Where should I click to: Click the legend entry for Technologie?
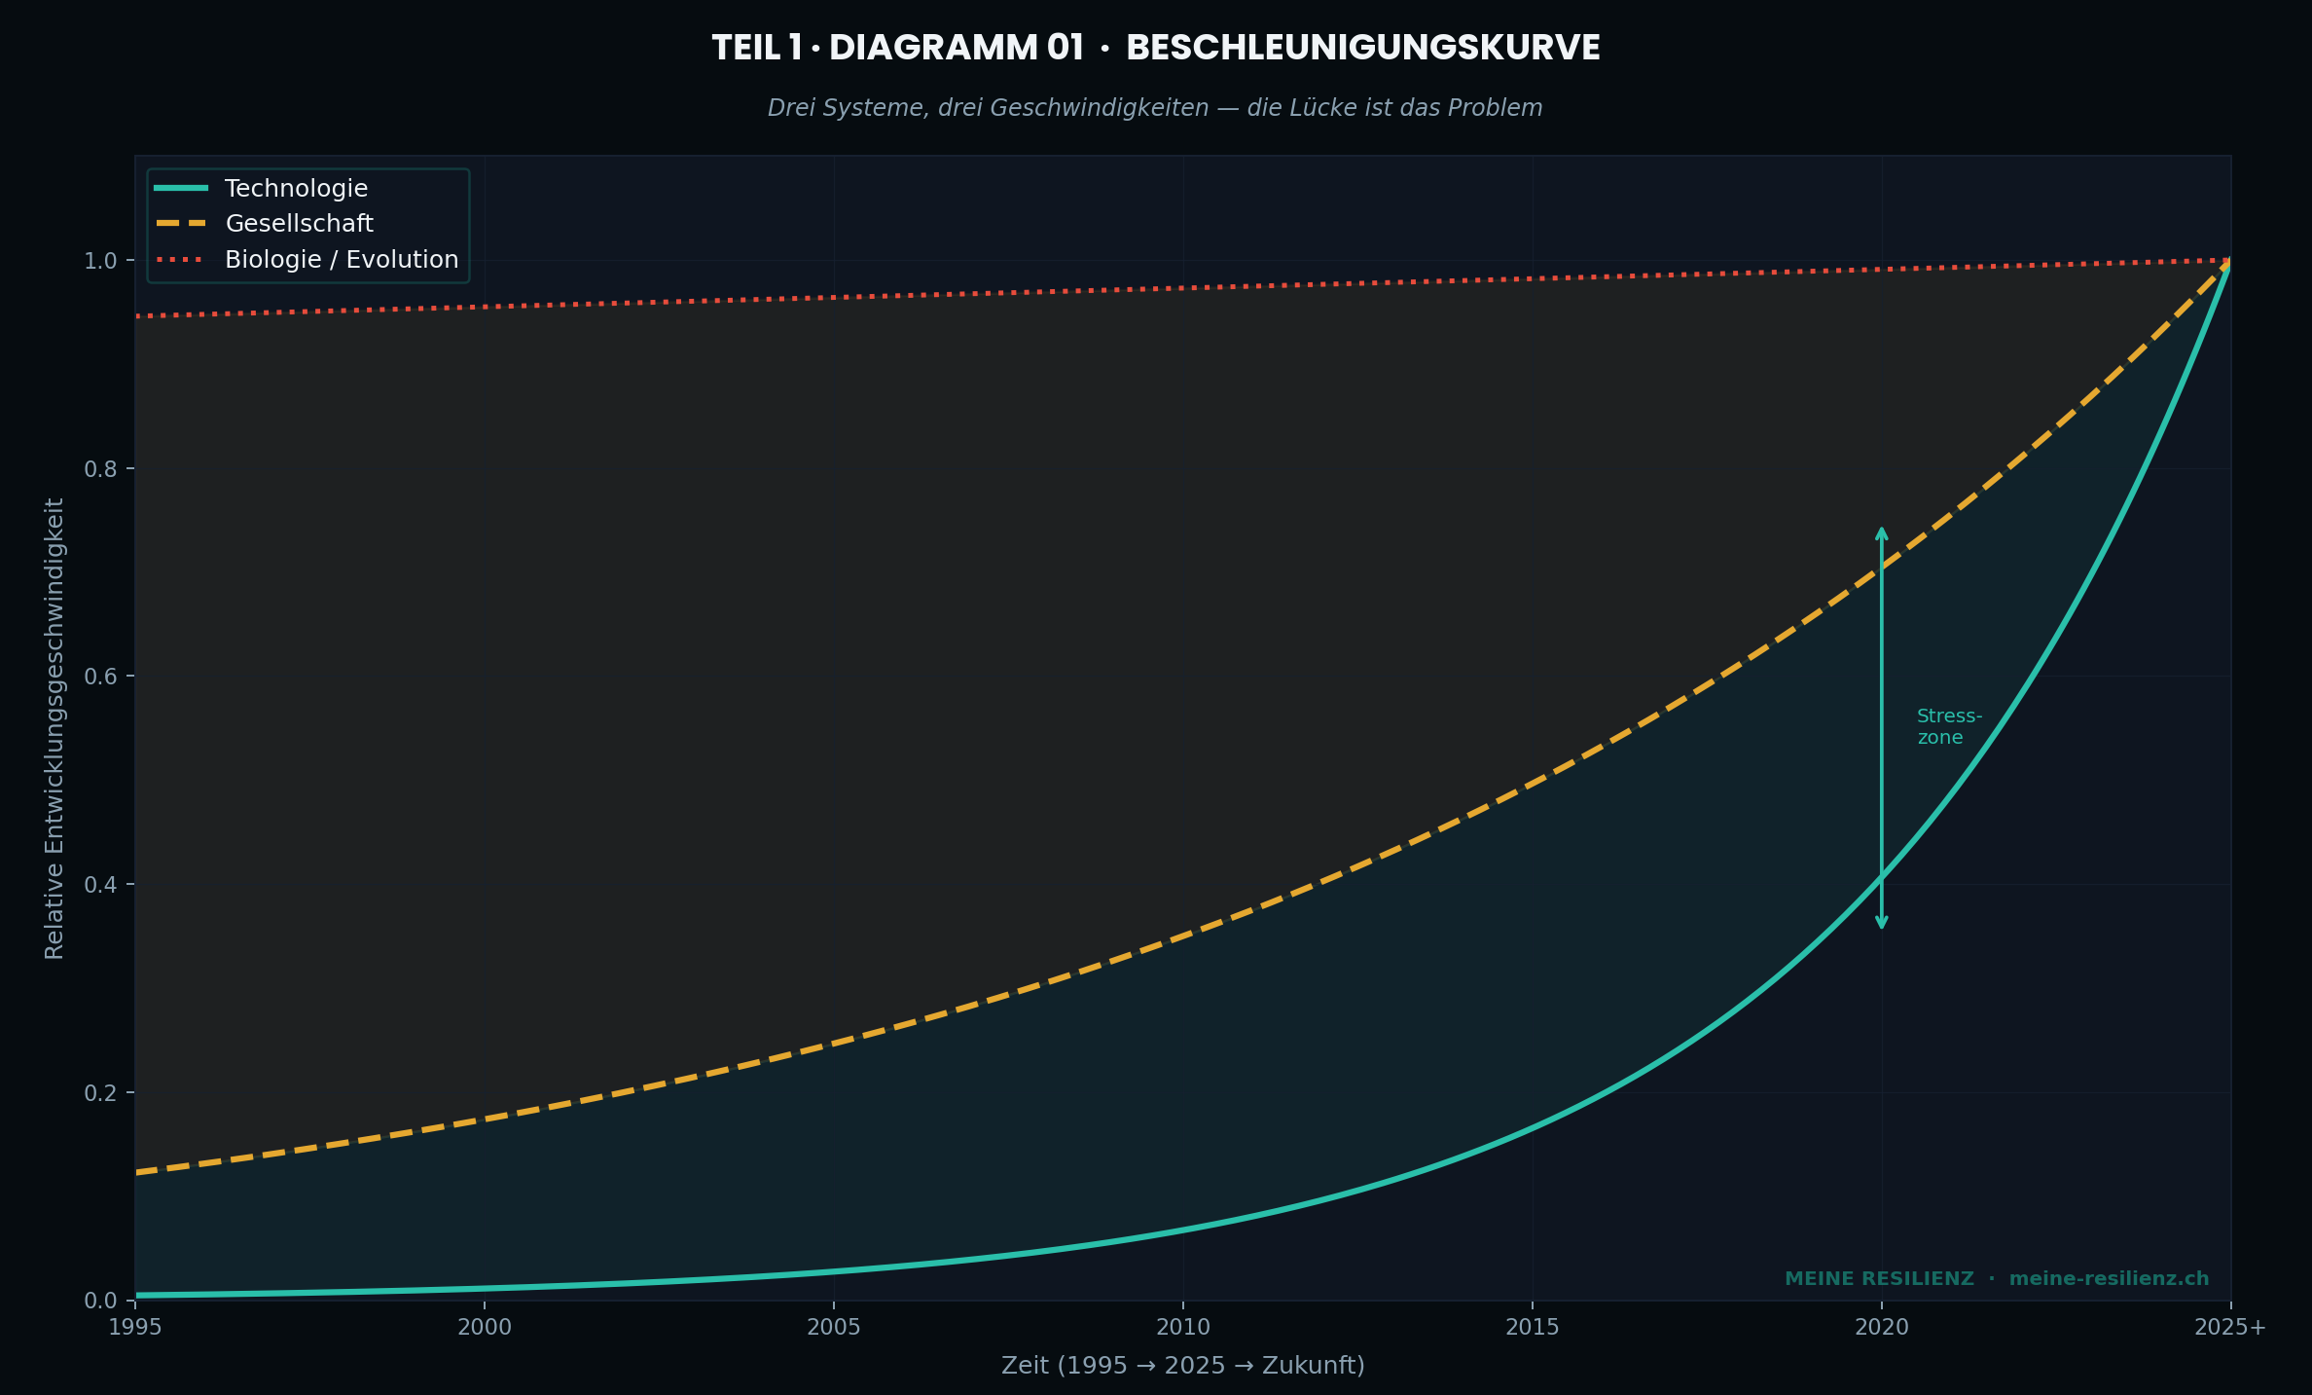(296, 189)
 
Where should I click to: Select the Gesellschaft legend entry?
(299, 224)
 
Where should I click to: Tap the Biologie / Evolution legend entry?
(341, 260)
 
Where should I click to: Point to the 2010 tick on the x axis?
(1183, 1327)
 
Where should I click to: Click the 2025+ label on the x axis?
(2230, 1327)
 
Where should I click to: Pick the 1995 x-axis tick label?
(135, 1327)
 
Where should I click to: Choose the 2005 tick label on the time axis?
(834, 1327)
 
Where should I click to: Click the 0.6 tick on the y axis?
(100, 677)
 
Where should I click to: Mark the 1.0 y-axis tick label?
(100, 261)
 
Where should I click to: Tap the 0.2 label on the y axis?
(100, 1093)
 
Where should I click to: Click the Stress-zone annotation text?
(1948, 727)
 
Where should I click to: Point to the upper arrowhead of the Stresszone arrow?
(1882, 532)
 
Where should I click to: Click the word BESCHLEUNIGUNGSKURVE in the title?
(1362, 49)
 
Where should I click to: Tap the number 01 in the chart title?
(1066, 49)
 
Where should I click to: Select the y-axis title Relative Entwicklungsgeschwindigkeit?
(54, 728)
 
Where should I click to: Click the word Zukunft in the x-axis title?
(1309, 1366)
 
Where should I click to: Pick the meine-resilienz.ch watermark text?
(2109, 1279)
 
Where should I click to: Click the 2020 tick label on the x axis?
(1882, 1327)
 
